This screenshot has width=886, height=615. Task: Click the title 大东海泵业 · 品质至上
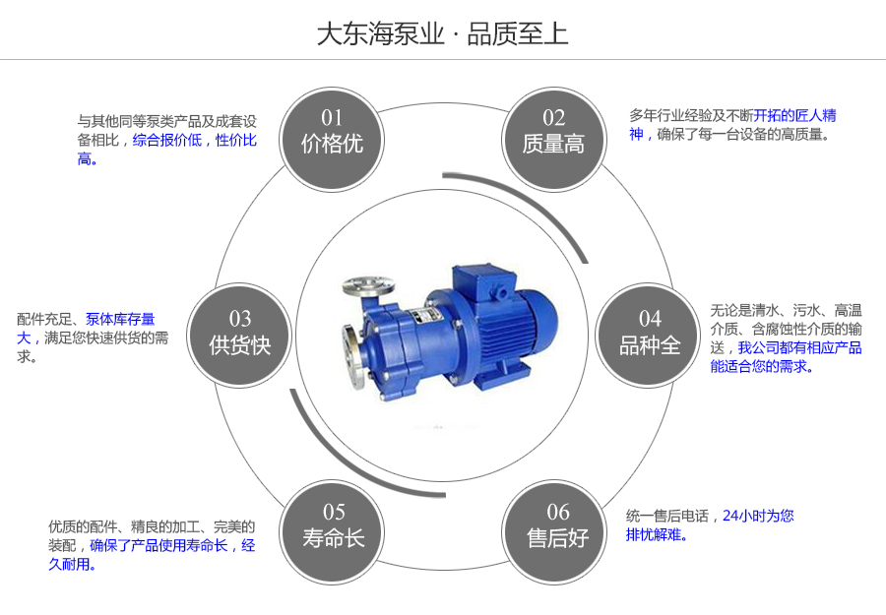[442, 33]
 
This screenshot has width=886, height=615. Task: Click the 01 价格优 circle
[332, 132]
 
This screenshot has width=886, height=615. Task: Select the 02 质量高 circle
[553, 132]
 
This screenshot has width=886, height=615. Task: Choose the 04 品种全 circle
[650, 333]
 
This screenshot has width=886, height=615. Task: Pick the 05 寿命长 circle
[334, 525]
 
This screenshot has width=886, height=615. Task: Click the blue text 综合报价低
[167, 141]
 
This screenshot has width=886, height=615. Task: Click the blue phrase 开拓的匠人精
[795, 115]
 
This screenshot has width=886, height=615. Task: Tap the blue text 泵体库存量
[120, 319]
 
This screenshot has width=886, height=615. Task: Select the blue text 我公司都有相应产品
[800, 347]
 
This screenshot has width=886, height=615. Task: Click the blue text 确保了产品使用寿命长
[159, 545]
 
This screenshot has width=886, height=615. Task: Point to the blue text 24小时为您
[758, 515]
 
